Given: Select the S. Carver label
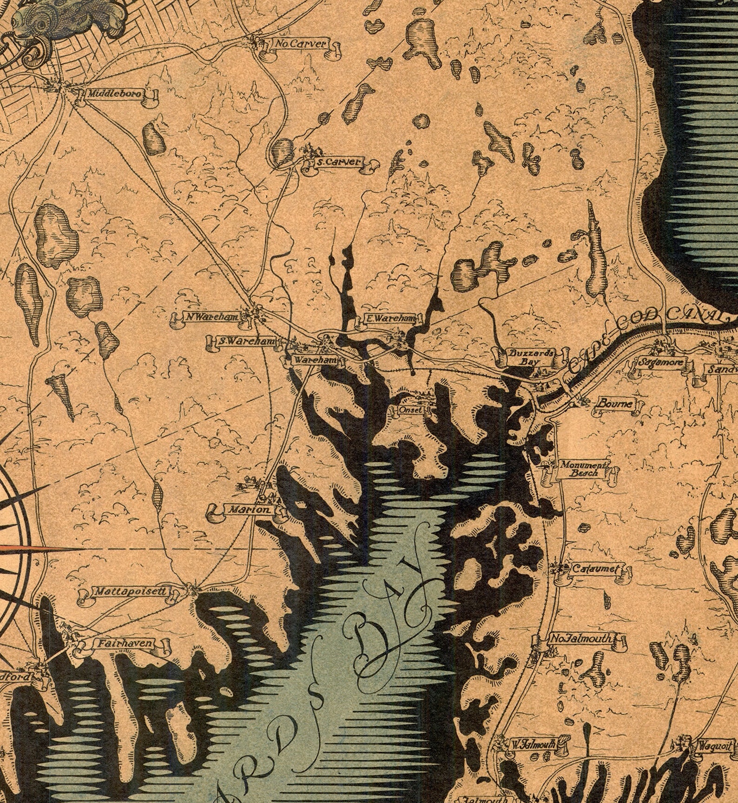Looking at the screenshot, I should tap(337, 162).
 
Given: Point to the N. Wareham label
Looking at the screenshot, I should tap(211, 317).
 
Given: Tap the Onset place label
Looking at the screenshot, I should tap(410, 410).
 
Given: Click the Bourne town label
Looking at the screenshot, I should tap(614, 404).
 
